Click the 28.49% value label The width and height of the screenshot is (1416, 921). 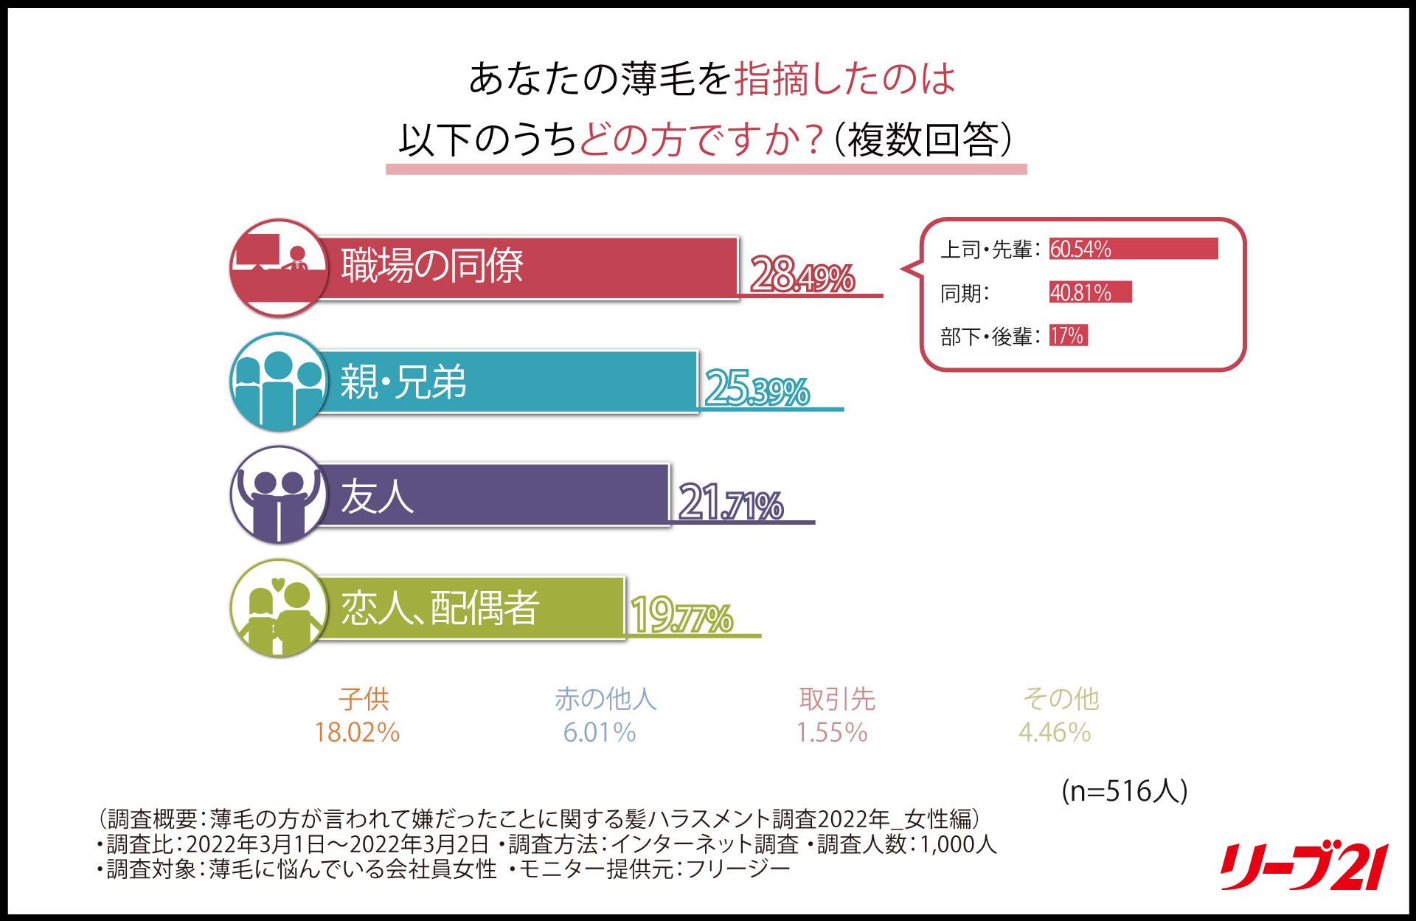(802, 275)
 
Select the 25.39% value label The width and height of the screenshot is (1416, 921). (757, 389)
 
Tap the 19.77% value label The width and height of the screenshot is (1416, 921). (681, 616)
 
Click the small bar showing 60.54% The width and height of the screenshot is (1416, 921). (1134, 249)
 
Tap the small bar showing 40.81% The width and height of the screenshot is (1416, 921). (1090, 292)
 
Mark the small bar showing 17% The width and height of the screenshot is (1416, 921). (1068, 336)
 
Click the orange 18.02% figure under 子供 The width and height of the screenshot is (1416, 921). (357, 732)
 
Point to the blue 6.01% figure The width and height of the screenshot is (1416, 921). (599, 732)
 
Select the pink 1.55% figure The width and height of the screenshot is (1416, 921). (832, 732)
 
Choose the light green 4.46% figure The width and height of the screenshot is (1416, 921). (1055, 732)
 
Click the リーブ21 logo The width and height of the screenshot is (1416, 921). (1304, 866)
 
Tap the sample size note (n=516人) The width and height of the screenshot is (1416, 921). (1124, 790)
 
